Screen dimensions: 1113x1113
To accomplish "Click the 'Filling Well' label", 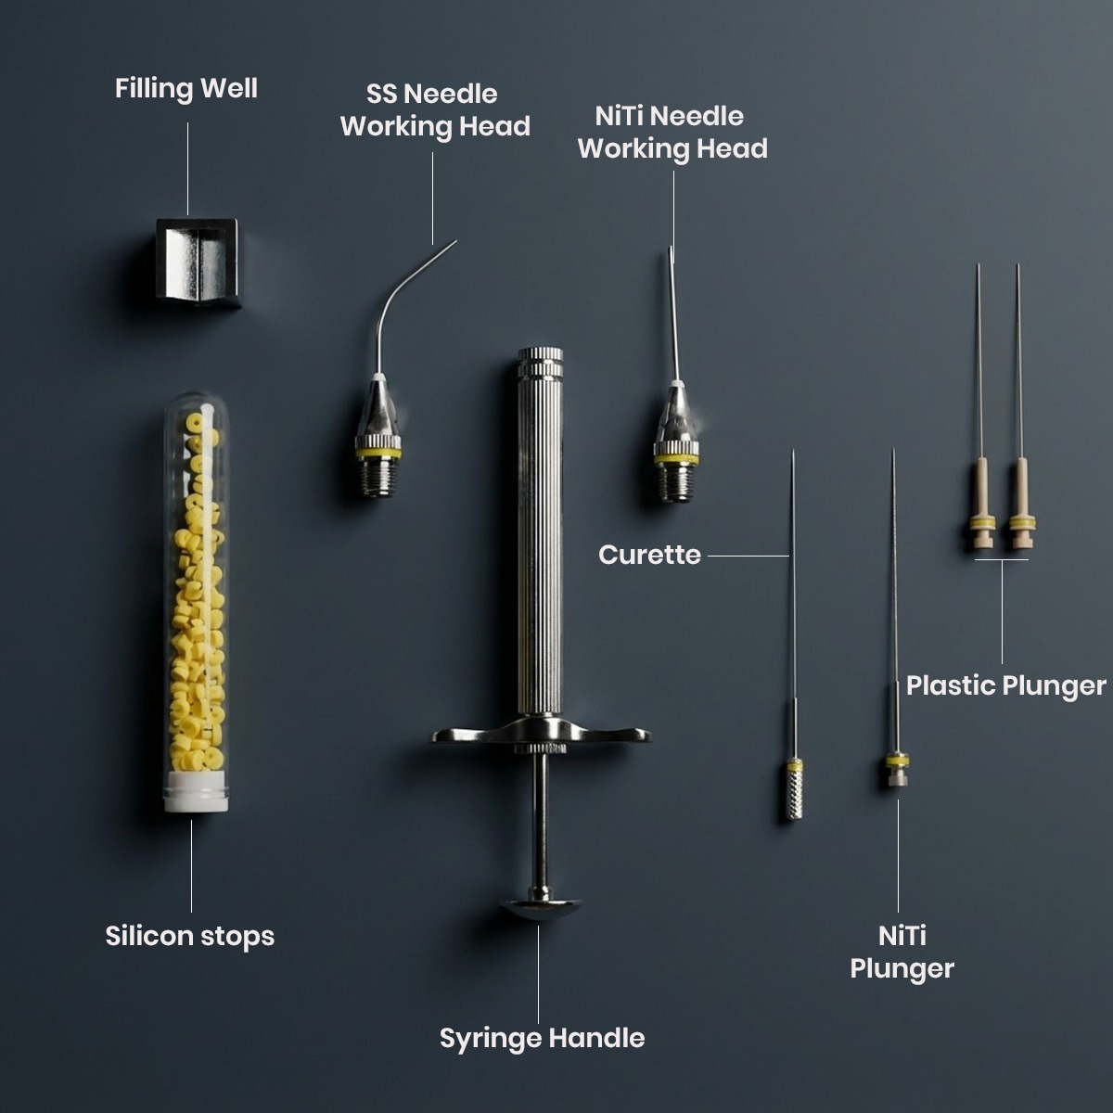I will point(186,89).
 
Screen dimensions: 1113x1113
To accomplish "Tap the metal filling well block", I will point(198,262).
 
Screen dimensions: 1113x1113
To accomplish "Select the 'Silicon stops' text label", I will point(190,936).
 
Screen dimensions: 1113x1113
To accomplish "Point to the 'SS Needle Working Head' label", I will point(435,110).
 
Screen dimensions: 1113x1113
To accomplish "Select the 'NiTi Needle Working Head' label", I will point(672,133).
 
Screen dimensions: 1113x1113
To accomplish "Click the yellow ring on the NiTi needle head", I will point(675,456).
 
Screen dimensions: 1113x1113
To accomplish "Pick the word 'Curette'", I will point(649,556).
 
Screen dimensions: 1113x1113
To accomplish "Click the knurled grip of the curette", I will point(793,796).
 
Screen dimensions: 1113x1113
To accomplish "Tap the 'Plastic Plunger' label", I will point(1005,686).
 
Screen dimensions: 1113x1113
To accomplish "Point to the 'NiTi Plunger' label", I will point(902,953).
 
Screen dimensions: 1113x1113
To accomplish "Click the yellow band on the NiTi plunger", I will point(896,762).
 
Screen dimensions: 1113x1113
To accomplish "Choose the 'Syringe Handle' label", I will point(542,1038).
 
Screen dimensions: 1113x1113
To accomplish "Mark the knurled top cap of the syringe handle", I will point(541,362).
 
